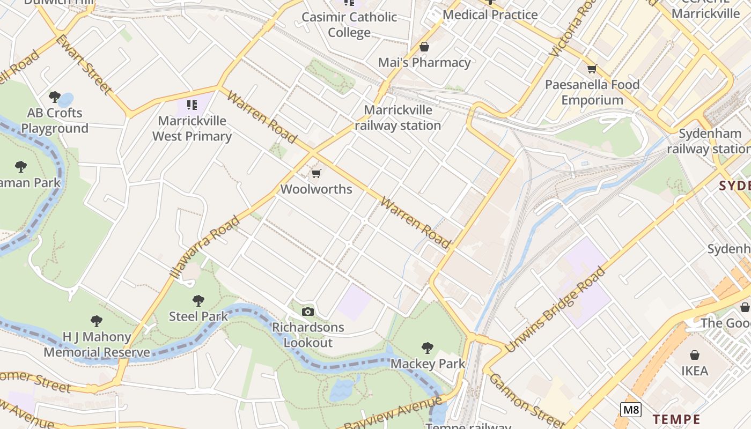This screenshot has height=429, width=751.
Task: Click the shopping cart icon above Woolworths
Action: click(316, 173)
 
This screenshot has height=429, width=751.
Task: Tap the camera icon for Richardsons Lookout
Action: click(308, 312)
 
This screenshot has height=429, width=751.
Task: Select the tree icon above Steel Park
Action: click(198, 300)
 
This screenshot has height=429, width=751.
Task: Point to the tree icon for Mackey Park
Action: click(428, 348)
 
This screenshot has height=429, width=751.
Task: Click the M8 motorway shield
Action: click(631, 410)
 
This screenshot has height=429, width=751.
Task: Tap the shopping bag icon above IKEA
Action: click(695, 355)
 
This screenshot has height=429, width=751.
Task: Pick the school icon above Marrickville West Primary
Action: click(192, 105)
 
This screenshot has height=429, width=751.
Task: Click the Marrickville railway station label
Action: click(397, 118)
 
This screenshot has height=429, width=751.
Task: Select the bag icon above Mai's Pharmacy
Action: click(424, 47)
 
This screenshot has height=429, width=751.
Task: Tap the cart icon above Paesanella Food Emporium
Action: click(592, 69)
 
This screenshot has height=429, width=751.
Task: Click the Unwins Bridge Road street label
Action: click(555, 309)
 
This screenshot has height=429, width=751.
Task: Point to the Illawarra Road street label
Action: click(204, 247)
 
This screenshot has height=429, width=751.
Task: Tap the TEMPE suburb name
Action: click(676, 419)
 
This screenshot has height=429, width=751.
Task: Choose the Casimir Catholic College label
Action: click(349, 25)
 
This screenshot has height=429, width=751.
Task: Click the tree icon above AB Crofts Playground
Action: click(54, 97)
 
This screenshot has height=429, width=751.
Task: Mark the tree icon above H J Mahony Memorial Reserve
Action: click(97, 321)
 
